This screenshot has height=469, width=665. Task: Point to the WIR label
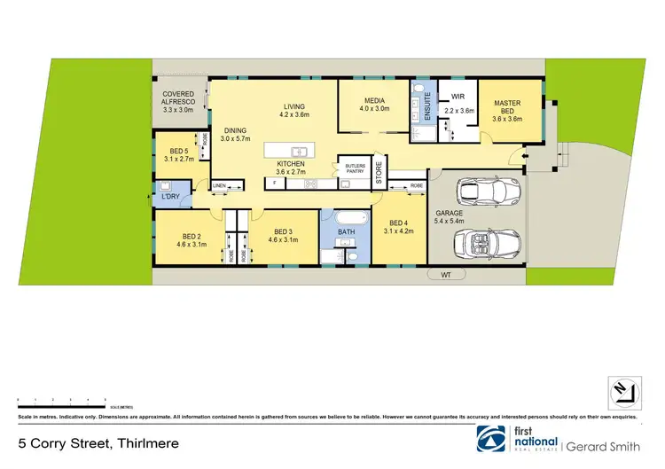[458, 96]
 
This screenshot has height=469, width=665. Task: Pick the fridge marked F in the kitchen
[275, 184]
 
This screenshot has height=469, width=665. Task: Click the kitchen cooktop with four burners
[311, 184]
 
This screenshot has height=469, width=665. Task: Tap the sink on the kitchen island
[299, 152]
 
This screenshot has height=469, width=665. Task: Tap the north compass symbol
[622, 390]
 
